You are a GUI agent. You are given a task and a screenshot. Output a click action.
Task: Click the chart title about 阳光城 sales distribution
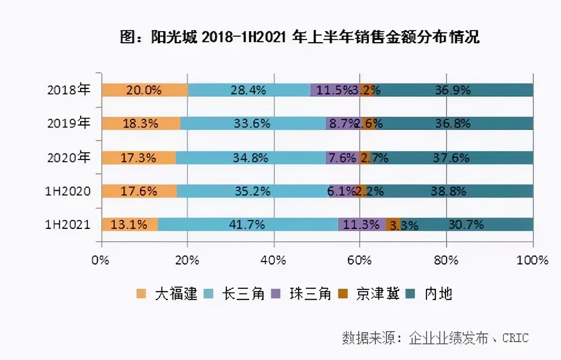300,37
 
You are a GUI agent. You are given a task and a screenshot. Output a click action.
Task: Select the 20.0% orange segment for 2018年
144,90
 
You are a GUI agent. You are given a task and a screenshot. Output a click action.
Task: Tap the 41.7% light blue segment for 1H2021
247,224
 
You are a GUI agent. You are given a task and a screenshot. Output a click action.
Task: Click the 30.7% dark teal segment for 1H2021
466,224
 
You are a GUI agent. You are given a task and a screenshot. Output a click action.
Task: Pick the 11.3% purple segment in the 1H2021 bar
361,224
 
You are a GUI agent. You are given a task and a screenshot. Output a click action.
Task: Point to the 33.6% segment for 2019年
252,123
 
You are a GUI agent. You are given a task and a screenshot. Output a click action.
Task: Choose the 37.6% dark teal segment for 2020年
451,157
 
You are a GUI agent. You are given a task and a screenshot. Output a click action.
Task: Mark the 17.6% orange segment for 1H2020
139,191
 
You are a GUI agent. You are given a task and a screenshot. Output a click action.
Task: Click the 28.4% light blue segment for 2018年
249,90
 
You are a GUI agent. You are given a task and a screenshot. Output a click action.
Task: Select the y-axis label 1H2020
68,191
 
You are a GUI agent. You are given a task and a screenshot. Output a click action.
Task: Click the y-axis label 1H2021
68,224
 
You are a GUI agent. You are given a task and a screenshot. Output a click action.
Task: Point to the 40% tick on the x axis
274,260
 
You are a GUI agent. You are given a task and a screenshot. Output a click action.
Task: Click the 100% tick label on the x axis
532,260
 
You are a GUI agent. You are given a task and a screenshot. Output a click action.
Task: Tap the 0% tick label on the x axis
100,260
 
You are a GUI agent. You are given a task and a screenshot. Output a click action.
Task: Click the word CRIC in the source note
515,338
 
